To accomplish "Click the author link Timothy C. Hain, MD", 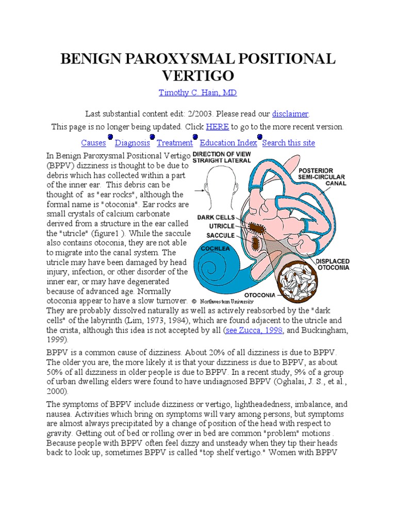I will (x=197, y=93).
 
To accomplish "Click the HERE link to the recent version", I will (x=217, y=127).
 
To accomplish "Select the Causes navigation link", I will (x=93, y=143).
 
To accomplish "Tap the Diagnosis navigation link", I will (x=133, y=143).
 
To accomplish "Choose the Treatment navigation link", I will (x=175, y=143).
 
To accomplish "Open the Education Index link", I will (x=228, y=143).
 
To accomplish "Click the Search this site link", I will (x=289, y=143).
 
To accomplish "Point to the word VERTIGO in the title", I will (x=198, y=76).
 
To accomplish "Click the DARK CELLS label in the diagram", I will (x=216, y=218).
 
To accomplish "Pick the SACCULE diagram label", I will (x=220, y=235).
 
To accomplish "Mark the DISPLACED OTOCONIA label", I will (x=333, y=265).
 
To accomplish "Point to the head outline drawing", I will (x=217, y=188).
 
